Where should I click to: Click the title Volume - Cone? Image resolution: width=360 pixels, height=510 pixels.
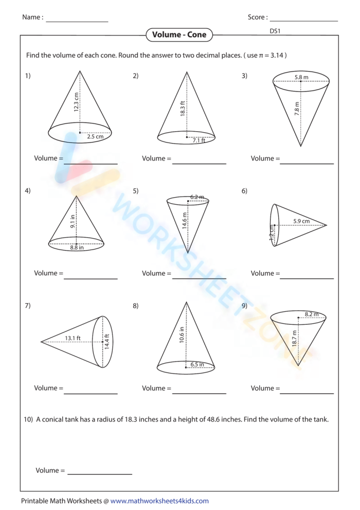tap(179, 35)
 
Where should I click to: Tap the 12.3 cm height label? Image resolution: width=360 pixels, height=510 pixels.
tap(76, 102)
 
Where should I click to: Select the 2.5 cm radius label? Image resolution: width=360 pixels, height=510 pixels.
tap(95, 137)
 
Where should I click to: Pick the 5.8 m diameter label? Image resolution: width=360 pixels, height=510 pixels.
tap(301, 77)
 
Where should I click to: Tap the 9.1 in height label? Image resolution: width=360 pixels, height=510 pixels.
tap(73, 221)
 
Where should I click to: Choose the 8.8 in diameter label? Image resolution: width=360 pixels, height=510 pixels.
tap(77, 248)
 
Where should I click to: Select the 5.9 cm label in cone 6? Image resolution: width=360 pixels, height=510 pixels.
tap(301, 221)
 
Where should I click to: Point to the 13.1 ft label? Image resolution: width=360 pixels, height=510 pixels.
tap(73, 338)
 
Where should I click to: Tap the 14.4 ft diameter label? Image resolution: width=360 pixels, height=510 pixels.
tap(107, 342)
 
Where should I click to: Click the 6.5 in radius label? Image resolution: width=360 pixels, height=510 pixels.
tap(197, 364)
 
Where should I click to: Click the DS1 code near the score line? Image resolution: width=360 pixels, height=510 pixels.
tap(275, 31)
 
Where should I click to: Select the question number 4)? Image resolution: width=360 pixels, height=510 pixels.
tap(28, 191)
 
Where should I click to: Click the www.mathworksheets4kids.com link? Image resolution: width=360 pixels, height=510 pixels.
tap(159, 501)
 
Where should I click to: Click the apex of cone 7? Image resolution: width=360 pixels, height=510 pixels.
tap(41, 341)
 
